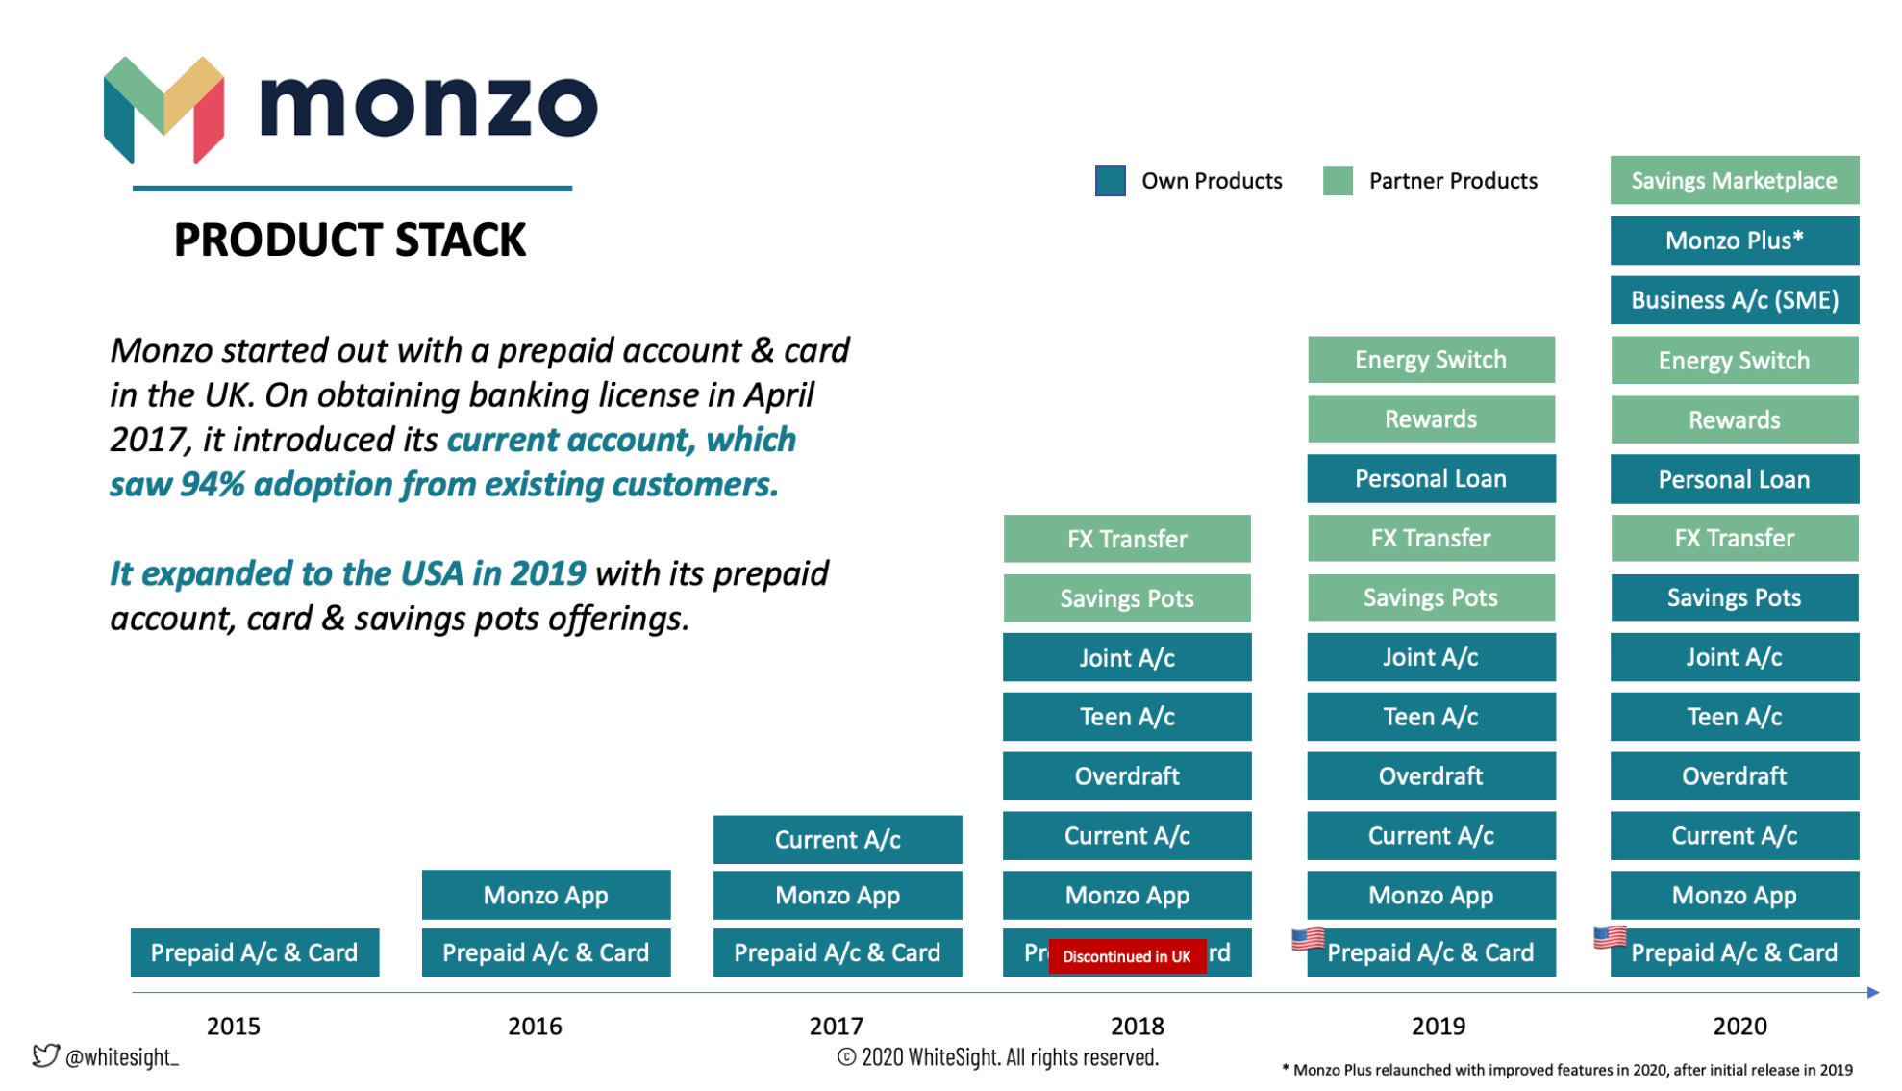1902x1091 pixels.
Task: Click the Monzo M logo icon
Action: tap(163, 109)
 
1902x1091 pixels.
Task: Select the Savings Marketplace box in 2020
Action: tap(1734, 181)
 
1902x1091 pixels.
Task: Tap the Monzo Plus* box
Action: tap(1734, 241)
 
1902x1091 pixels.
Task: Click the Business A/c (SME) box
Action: tap(1734, 300)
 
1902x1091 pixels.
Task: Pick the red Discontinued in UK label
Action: tap(1126, 956)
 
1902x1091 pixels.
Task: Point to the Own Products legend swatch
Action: tap(1110, 181)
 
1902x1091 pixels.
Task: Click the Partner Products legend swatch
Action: tap(1338, 181)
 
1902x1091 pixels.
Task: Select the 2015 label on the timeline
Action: tap(234, 1026)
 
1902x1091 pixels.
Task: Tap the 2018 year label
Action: tap(1137, 1026)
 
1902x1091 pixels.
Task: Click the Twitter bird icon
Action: tap(45, 1055)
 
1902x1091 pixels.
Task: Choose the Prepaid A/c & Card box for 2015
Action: tap(255, 952)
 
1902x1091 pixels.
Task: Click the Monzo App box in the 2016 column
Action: tap(546, 895)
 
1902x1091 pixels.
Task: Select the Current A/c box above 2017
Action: tap(838, 839)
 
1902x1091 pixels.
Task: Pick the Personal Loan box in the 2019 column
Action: tap(1431, 478)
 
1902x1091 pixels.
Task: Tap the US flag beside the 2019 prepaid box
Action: tap(1308, 938)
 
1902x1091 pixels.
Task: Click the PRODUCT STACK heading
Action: tap(350, 240)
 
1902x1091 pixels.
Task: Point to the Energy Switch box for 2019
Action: tap(1431, 360)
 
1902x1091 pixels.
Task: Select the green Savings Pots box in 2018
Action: tap(1127, 598)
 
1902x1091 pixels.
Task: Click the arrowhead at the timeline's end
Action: tap(1872, 992)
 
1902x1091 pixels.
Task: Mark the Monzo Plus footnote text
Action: tap(1567, 1070)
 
